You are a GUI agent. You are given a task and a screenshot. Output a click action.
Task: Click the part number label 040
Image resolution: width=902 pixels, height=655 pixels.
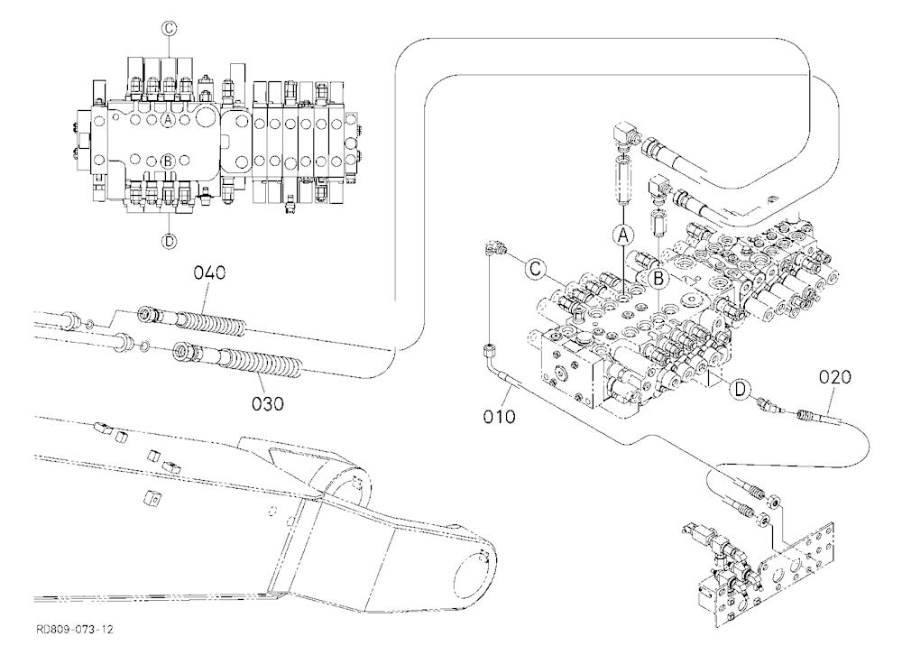(x=209, y=272)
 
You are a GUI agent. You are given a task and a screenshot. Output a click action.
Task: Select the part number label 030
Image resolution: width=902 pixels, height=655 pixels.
(x=268, y=404)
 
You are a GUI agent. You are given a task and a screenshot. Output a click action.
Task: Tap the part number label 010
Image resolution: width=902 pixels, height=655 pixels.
(x=499, y=416)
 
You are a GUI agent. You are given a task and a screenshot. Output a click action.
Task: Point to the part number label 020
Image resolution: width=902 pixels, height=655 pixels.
(x=834, y=378)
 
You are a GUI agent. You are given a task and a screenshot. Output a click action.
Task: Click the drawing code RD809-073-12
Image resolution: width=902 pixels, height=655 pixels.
(x=75, y=629)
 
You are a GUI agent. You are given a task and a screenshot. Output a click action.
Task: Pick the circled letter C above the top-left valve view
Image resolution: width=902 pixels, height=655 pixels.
(x=169, y=28)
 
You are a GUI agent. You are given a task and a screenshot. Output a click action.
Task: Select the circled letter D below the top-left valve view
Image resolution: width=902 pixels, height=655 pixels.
(x=169, y=241)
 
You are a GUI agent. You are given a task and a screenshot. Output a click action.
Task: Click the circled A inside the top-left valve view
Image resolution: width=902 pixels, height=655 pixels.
(x=168, y=120)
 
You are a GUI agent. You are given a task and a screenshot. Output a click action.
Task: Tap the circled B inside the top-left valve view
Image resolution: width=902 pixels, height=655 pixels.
(x=168, y=161)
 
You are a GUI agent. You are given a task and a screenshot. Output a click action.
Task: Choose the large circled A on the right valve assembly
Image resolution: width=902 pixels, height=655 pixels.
(x=623, y=235)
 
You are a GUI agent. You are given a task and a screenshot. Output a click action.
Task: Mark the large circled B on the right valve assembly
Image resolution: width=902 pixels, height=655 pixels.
(x=658, y=279)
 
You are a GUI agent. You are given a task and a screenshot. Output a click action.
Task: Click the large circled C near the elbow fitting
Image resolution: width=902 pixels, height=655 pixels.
(x=535, y=269)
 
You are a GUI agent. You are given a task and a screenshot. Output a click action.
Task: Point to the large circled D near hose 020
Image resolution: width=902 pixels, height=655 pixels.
(x=740, y=390)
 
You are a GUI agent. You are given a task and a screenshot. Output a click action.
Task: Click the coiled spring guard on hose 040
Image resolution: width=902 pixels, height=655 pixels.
(x=212, y=322)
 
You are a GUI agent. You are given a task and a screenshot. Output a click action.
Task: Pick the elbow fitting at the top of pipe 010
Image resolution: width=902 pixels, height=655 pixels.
(x=493, y=249)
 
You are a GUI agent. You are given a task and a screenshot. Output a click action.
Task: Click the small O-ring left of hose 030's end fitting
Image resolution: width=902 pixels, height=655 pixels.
(x=143, y=346)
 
